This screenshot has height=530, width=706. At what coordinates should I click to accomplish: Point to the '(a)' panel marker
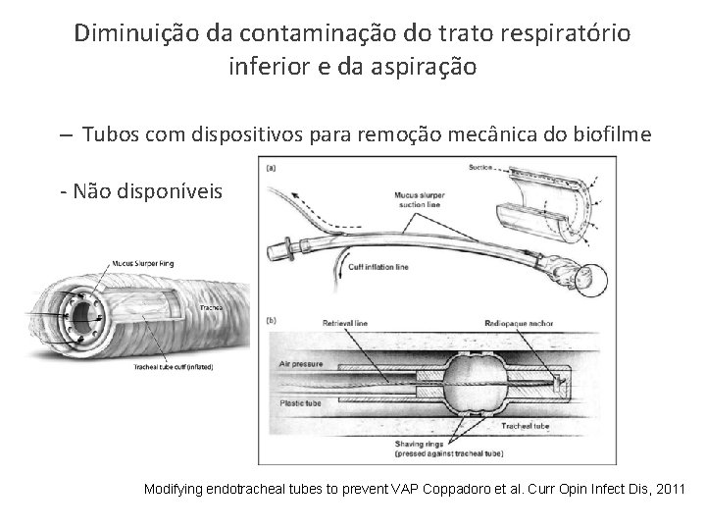coord(270,167)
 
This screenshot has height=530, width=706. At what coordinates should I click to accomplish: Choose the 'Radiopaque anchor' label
coord(519,321)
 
